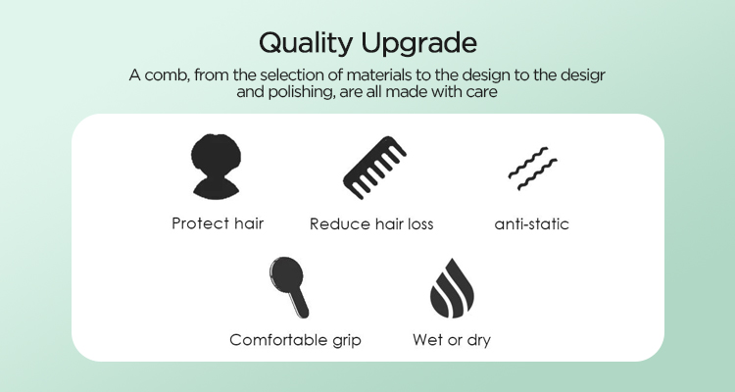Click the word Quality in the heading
(x=305, y=44)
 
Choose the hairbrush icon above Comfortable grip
(x=289, y=286)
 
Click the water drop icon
(x=451, y=285)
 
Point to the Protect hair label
(x=218, y=223)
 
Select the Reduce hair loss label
(x=371, y=223)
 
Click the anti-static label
(x=532, y=223)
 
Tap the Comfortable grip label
(x=295, y=340)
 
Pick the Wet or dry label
(x=452, y=340)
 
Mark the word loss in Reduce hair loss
(x=417, y=223)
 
